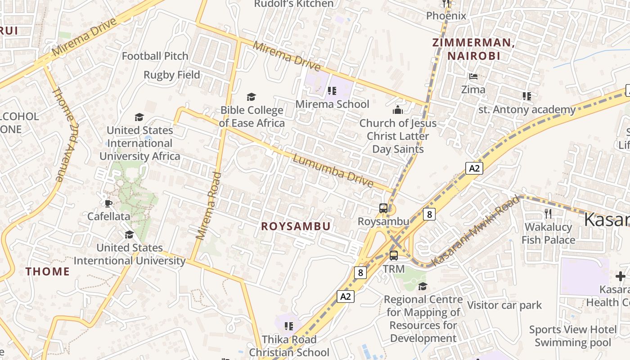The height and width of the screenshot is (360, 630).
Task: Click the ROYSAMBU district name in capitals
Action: tap(296, 226)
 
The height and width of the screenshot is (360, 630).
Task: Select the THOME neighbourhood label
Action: tap(48, 271)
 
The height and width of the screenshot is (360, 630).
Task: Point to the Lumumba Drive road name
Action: tap(333, 171)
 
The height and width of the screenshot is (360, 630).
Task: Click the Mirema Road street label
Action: tap(209, 205)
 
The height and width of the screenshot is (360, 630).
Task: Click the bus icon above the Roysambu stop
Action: tap(383, 208)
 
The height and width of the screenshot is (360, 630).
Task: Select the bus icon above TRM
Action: tap(394, 256)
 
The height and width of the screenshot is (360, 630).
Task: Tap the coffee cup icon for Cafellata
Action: tap(108, 203)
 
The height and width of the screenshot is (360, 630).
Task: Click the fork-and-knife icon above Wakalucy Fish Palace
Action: tap(548, 213)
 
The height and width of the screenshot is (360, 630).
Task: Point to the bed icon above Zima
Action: tap(473, 76)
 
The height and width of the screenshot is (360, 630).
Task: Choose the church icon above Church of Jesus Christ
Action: tap(398, 110)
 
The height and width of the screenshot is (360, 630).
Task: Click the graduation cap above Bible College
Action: tap(251, 97)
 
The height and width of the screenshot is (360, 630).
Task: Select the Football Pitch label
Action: tap(155, 56)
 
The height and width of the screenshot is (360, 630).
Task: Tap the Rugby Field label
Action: tap(172, 75)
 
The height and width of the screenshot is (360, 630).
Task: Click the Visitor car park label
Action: tap(504, 305)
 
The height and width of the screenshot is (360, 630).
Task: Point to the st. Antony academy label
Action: tap(527, 110)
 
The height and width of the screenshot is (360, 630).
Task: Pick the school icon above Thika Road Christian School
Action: tap(288, 326)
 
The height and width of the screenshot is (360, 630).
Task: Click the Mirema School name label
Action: tap(332, 104)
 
